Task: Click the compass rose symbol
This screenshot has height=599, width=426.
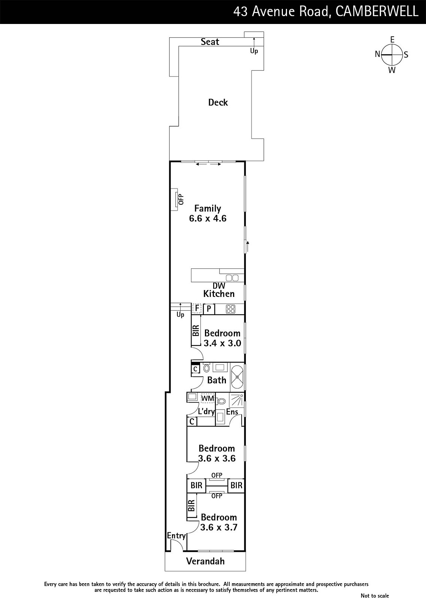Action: click(392, 55)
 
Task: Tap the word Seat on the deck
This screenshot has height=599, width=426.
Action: click(210, 42)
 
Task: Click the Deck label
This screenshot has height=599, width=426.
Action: click(218, 103)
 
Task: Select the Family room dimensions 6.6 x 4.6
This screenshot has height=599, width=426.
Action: click(208, 219)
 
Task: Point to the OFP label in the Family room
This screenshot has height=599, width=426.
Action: click(181, 199)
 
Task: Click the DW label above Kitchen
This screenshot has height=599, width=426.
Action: click(219, 286)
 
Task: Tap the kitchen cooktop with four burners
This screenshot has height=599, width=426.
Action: click(230, 309)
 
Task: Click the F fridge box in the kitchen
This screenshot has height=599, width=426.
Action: click(197, 308)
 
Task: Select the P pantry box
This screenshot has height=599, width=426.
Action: click(209, 309)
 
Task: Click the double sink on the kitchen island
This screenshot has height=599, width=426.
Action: click(232, 278)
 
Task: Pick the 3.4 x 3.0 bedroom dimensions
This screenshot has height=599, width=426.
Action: click(222, 343)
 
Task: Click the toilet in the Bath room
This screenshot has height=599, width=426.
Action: click(206, 368)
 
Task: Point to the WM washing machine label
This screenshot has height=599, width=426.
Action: click(208, 398)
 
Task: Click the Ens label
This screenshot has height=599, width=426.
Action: click(232, 412)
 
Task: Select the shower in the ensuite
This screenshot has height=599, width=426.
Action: click(236, 400)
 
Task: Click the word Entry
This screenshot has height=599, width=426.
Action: click(176, 536)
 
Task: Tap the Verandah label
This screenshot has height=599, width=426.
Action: click(205, 561)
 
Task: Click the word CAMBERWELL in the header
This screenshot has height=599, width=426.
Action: click(377, 12)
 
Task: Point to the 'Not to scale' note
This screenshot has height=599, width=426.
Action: click(375, 596)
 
